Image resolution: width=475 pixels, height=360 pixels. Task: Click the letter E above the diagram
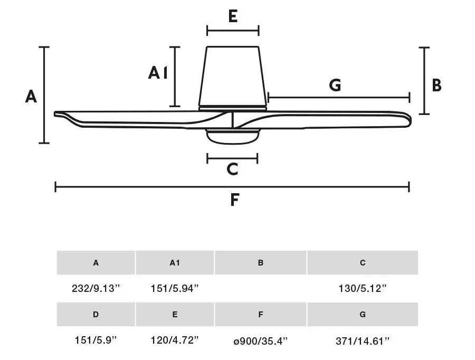coord(233,16)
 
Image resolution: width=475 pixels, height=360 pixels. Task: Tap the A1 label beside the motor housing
coord(158,73)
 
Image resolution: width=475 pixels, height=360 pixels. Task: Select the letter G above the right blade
coord(335,85)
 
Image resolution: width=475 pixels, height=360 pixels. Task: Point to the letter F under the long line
coord(234,200)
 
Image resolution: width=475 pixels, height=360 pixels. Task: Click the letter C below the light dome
coord(232,169)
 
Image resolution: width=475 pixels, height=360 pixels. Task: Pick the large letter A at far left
coord(31,97)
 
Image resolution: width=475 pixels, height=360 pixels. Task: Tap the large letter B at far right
coord(436,85)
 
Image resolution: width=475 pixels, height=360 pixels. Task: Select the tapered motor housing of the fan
coord(233,77)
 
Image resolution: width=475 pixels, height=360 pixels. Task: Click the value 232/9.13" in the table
coord(96,288)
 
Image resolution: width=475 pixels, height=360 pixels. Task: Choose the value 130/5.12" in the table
coord(362,288)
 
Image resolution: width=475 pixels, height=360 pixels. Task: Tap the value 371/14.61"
coord(362,341)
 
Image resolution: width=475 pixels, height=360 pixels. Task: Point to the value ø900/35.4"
coord(260,341)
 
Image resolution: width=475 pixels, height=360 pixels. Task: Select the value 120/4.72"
coord(175,340)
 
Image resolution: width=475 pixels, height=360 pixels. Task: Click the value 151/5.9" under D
coord(96,340)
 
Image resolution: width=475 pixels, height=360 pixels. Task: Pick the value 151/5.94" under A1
coord(175,288)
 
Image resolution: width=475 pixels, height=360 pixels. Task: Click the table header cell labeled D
coord(96,314)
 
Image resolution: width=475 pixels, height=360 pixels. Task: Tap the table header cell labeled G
coord(363,314)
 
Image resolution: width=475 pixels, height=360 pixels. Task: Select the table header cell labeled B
coord(261,262)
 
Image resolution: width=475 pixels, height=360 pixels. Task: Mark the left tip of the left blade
coord(55,114)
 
